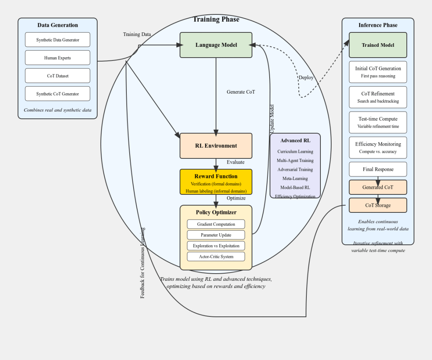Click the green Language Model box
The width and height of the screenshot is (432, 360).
coord(216,45)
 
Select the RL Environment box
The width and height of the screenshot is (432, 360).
coord(216,146)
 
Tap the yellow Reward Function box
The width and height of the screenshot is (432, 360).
coord(216,182)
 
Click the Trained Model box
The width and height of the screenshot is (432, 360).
coord(378,45)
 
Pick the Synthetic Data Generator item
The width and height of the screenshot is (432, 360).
coord(58,40)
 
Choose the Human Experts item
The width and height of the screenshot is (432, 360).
coord(58,58)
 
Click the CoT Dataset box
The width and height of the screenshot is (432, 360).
coord(58,76)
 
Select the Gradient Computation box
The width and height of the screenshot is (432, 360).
coord(216,224)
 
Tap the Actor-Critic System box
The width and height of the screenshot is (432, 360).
coord(216,256)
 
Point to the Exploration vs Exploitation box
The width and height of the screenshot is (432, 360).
coord(216,246)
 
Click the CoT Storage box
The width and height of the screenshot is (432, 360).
coord(378,205)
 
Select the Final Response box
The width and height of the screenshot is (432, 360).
coord(378,169)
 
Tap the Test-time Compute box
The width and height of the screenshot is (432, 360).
coord(378,122)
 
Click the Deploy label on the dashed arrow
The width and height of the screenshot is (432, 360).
coord(306,78)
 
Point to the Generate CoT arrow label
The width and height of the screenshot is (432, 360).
coord(241,92)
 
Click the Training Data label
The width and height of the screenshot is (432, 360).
coord(137,34)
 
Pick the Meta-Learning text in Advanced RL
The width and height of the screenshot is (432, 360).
coord(295,178)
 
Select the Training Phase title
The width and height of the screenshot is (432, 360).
coord(216,19)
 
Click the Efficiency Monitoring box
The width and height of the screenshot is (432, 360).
coord(378,148)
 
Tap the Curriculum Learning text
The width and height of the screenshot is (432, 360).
coord(295,152)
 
